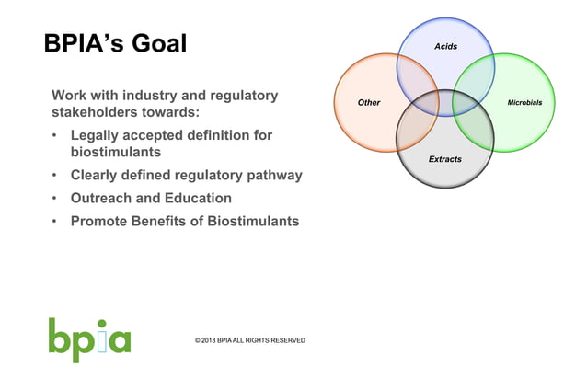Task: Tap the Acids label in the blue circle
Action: tap(445, 46)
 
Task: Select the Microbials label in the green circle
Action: tap(531, 102)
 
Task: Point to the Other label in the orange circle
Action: tap(368, 102)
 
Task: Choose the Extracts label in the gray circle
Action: tap(445, 159)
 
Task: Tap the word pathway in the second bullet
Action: tap(272, 175)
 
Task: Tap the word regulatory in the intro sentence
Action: tap(237, 95)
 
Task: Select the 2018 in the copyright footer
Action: tap(215, 340)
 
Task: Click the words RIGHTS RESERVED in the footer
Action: tap(277, 340)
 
